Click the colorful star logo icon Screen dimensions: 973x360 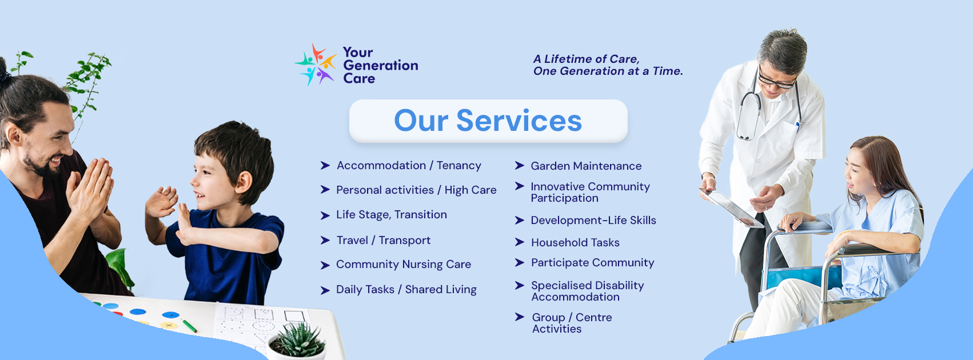pyautogui.click(x=316, y=64)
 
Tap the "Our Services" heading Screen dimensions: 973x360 pyautogui.click(x=488, y=121)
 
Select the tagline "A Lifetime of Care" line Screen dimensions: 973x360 pyautogui.click(x=587, y=59)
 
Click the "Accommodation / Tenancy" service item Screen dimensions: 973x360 pyautogui.click(x=409, y=166)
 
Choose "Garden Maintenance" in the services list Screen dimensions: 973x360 pyautogui.click(x=586, y=166)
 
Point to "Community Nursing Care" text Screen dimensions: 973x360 pyautogui.click(x=404, y=265)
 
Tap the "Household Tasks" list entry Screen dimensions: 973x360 pyautogui.click(x=575, y=242)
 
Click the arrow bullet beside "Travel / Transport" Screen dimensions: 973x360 pyautogui.click(x=325, y=240)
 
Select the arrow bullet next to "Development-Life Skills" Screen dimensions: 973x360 pyautogui.click(x=520, y=220)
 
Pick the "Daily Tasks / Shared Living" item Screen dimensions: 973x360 pyautogui.click(x=406, y=290)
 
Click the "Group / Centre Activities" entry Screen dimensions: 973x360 pyautogui.click(x=572, y=323)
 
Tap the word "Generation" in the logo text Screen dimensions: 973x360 pyautogui.click(x=381, y=66)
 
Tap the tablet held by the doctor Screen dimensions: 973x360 pyautogui.click(x=732, y=208)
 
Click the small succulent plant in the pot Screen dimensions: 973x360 pyautogui.click(x=297, y=339)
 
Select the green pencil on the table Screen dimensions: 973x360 pyautogui.click(x=189, y=326)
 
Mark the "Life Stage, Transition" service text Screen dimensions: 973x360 pyautogui.click(x=392, y=214)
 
